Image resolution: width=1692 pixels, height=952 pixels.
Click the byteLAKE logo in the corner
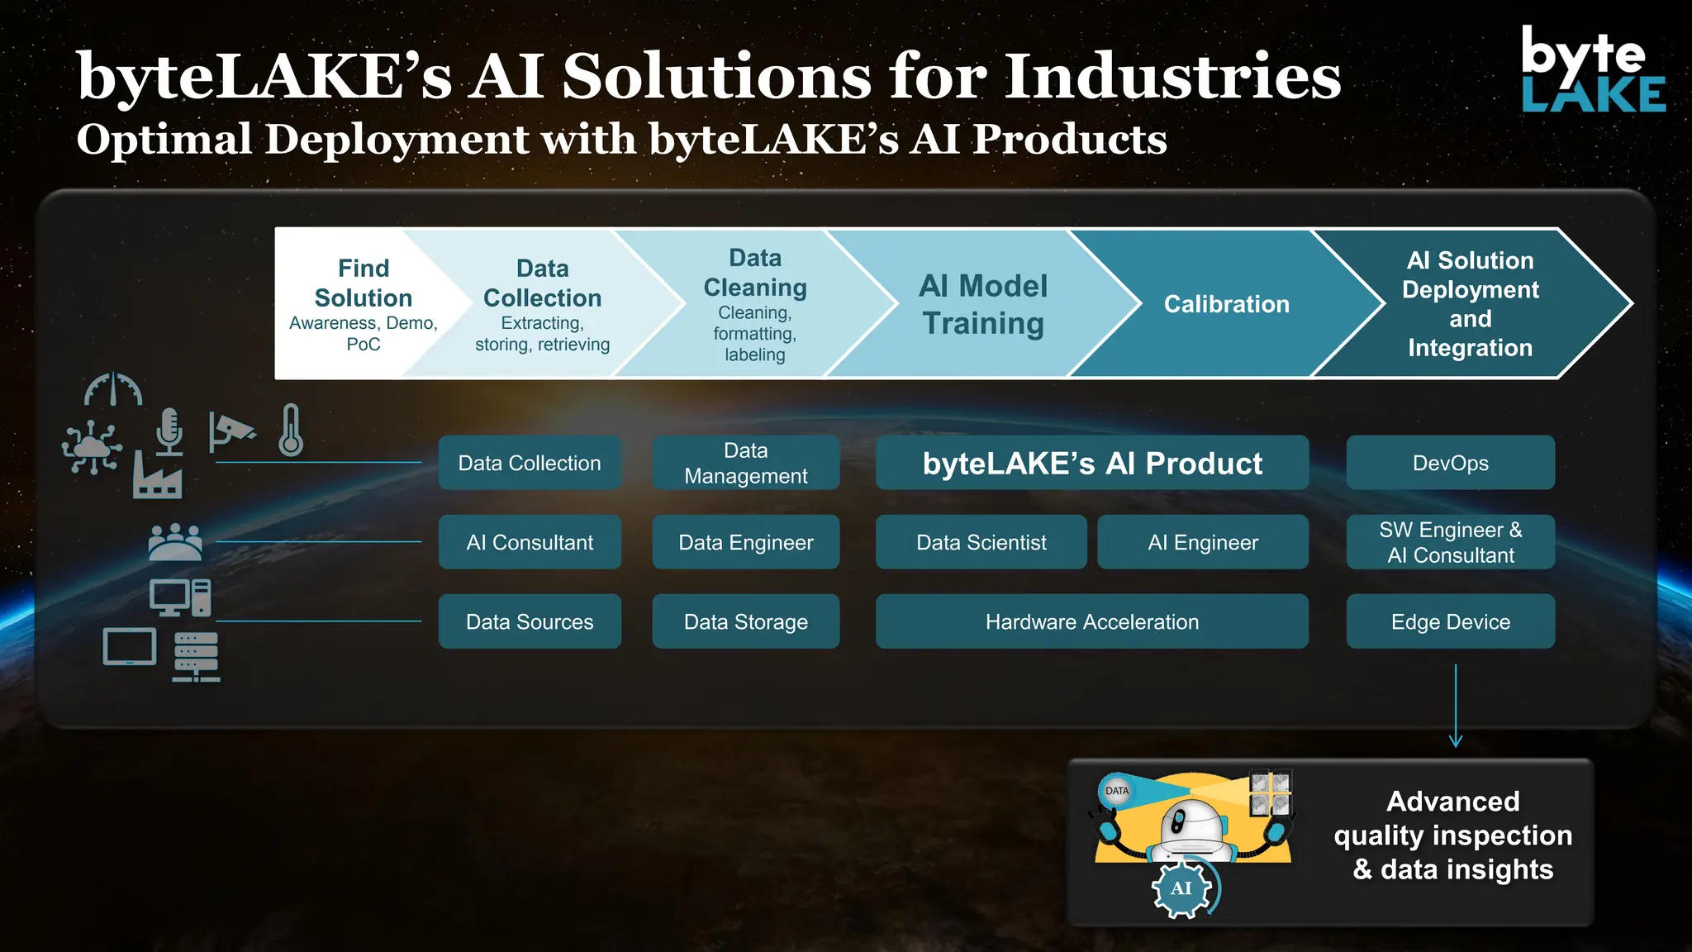[1592, 69]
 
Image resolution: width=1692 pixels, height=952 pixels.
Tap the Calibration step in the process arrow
[1226, 304]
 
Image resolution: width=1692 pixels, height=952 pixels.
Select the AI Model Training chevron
[982, 304]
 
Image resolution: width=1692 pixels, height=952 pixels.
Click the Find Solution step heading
[364, 283]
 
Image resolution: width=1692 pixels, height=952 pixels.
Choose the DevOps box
[1450, 463]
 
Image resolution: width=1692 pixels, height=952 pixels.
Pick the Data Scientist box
[981, 542]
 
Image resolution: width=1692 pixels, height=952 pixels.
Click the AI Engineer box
[1202, 542]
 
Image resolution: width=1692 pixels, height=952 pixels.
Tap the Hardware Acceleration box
[1091, 621]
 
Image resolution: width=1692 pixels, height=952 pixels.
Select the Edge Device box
[1450, 621]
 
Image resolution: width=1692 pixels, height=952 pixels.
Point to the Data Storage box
[745, 621]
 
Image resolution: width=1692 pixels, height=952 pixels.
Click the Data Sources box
[530, 621]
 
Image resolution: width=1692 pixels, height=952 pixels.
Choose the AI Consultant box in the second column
[530, 542]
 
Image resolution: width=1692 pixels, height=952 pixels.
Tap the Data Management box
[745, 463]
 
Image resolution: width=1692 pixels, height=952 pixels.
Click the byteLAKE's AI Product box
[1091, 463]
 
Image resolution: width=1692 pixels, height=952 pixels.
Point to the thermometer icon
[291, 430]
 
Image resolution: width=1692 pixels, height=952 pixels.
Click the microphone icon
[169, 431]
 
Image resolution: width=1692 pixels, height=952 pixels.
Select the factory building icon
[157, 478]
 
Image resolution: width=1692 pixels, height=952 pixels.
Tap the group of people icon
[174, 542]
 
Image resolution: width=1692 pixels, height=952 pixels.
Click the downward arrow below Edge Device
[1456, 706]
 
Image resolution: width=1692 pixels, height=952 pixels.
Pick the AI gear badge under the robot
[1181, 888]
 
